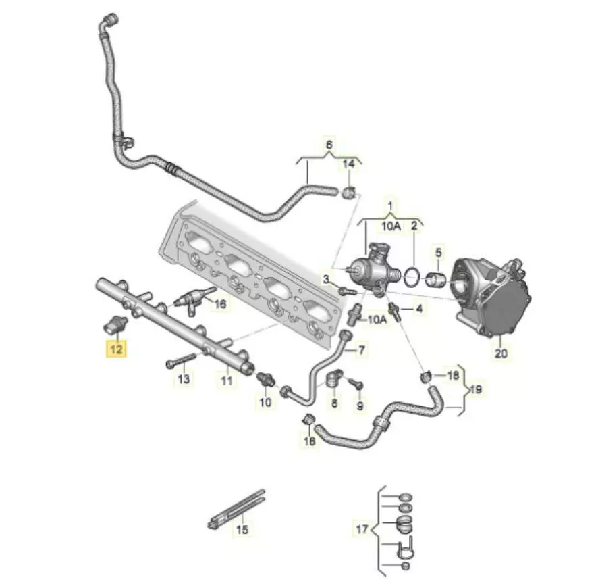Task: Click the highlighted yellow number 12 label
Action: click(x=117, y=349)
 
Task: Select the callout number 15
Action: click(x=242, y=529)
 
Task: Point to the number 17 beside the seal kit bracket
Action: click(x=362, y=529)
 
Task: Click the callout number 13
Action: click(x=184, y=378)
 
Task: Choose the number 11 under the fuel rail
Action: click(x=227, y=381)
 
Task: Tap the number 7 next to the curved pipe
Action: click(x=361, y=349)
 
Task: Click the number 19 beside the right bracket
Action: click(x=477, y=389)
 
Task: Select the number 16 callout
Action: click(x=221, y=304)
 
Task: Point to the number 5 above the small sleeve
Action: click(x=438, y=252)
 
